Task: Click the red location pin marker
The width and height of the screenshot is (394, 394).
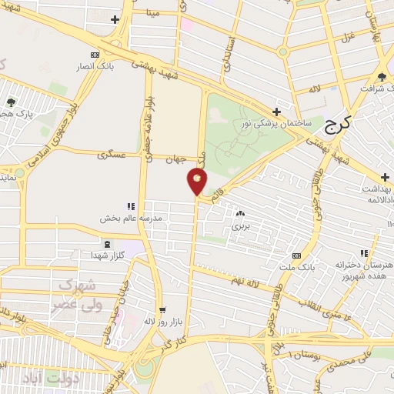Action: (197, 182)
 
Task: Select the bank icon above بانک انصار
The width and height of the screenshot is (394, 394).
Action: (95, 55)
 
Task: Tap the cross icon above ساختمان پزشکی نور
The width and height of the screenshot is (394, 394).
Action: (275, 112)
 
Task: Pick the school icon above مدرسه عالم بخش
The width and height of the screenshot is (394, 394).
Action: (131, 206)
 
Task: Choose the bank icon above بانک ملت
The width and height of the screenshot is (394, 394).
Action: (297, 255)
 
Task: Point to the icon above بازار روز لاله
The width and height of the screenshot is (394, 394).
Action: (159, 309)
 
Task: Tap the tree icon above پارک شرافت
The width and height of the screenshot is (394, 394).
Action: (382, 76)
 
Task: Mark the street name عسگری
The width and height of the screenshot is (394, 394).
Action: (112, 155)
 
